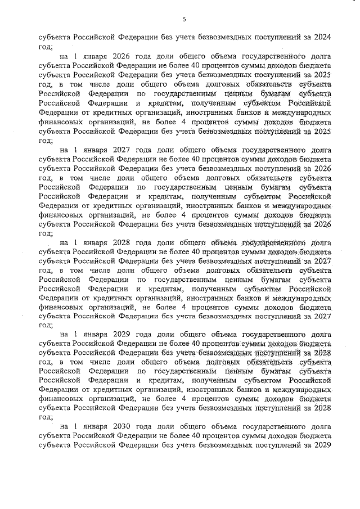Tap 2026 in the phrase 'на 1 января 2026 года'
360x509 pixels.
coord(123,57)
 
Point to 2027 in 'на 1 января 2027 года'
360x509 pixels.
coord(123,150)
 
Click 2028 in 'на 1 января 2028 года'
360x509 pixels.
coord(123,243)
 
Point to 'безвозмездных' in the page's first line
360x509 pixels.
coord(222,38)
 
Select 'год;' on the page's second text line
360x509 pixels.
coord(45,47)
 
